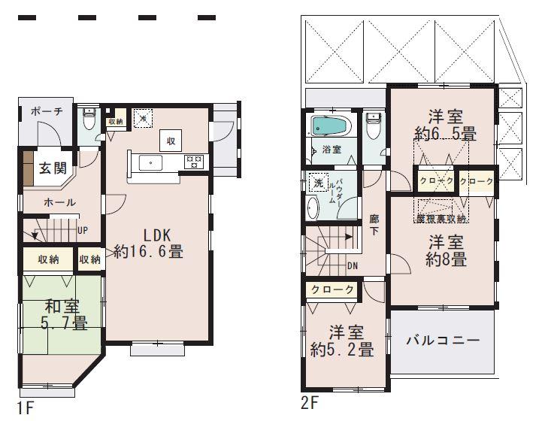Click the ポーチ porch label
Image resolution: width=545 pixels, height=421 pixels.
pos(46,111)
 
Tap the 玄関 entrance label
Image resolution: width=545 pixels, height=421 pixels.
pos(52,166)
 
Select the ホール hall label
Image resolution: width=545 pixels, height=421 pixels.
pos(59,202)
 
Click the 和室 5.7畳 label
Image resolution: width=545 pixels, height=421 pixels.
pos(63,314)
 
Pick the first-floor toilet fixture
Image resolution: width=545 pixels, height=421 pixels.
pos(89,119)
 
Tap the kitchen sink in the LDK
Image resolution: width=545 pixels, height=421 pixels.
pos(148,161)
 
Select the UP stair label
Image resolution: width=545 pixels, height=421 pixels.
pos(83,229)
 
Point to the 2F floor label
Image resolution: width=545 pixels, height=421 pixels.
pos(310,403)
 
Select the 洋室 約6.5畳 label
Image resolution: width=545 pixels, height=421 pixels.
pos(444,126)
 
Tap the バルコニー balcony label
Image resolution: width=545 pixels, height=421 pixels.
pos(443,340)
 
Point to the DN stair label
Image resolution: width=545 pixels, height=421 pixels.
pos(352,265)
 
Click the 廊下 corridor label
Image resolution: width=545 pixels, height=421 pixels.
pos(374,225)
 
